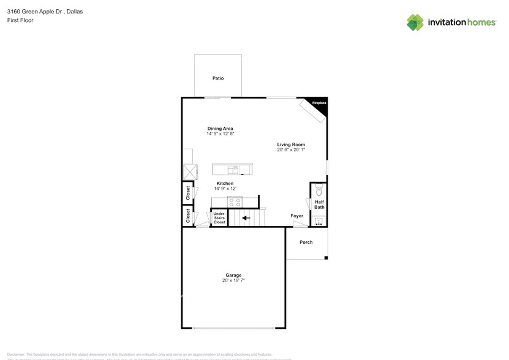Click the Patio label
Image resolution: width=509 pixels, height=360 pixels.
(x=218, y=78)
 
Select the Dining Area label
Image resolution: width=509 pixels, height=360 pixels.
(x=220, y=129)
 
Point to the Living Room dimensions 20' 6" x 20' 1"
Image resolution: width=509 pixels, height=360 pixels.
(x=291, y=149)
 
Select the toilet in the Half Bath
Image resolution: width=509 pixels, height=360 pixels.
(x=319, y=190)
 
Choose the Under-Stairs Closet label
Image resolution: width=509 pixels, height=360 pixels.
(x=219, y=217)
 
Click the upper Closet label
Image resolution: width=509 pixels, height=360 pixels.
(x=188, y=193)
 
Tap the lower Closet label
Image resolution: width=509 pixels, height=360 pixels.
(x=188, y=216)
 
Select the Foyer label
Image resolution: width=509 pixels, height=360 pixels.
(x=297, y=216)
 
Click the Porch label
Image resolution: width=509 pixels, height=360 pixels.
(x=306, y=242)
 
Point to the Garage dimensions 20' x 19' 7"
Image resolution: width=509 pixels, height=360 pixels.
(x=233, y=280)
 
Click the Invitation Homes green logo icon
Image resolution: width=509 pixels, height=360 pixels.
(x=415, y=23)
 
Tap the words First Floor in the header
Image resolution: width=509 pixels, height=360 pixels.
(x=20, y=20)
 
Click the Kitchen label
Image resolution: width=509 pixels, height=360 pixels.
(x=225, y=184)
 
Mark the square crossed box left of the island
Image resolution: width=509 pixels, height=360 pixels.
(x=189, y=171)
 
